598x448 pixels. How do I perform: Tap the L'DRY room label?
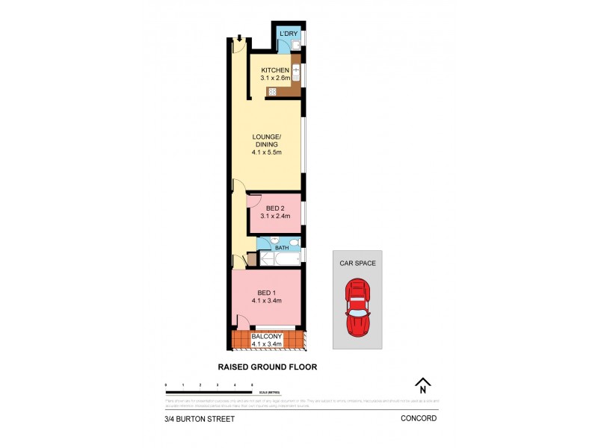(288, 34)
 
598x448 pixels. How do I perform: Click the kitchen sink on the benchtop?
(295, 73)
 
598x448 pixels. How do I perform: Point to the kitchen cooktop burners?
(272, 92)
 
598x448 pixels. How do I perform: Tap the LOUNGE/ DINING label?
(266, 141)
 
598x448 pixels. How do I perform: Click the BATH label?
(281, 247)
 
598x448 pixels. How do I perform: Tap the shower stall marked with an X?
(266, 259)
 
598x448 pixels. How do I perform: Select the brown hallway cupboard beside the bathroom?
(252, 261)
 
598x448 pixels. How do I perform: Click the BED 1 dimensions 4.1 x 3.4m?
(266, 300)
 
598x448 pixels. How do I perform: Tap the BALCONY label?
(267, 337)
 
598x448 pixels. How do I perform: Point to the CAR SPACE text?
(357, 263)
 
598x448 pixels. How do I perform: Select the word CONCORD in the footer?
(419, 419)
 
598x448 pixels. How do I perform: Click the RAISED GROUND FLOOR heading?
(267, 367)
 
